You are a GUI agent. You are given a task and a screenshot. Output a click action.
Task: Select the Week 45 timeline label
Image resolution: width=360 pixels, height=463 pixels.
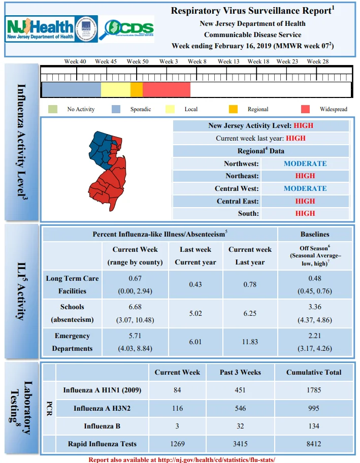[x=106, y=61]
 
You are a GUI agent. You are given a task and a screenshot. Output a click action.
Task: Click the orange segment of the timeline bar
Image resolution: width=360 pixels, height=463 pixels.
[x=137, y=89]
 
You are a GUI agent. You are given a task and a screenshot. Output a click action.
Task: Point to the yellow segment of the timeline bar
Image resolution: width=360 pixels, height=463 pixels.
[x=116, y=89]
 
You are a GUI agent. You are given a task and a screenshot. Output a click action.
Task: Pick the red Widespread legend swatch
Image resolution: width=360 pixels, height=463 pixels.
[x=305, y=109]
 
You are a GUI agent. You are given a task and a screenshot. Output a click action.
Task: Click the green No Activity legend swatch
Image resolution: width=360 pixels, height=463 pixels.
[x=53, y=109]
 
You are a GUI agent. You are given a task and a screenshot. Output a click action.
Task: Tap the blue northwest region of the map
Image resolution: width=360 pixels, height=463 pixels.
[x=101, y=149]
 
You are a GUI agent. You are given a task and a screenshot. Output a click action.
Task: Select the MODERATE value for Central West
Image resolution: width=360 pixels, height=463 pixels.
[x=305, y=188]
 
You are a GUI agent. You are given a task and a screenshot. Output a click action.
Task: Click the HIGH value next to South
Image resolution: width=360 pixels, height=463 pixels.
[x=305, y=213]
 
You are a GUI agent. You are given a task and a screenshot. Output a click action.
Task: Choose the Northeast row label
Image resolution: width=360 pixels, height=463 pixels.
[x=242, y=176]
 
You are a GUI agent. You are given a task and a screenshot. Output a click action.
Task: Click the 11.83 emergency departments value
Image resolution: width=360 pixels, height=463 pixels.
[x=250, y=342]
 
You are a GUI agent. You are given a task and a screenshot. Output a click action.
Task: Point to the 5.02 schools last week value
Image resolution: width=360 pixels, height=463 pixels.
[x=195, y=313]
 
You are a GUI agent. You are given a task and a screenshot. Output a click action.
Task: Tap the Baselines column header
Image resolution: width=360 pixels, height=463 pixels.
[x=315, y=234]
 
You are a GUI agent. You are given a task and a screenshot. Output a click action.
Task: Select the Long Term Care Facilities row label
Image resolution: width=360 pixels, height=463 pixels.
[x=72, y=285]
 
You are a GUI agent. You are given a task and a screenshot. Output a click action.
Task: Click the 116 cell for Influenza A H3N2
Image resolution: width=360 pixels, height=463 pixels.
[x=177, y=408]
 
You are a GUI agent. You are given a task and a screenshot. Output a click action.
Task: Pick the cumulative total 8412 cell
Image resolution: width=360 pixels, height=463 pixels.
[x=314, y=444]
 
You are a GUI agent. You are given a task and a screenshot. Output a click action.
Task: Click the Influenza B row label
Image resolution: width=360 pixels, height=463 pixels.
[x=102, y=426]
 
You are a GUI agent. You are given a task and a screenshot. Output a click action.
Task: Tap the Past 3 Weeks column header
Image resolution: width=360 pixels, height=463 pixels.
[x=240, y=372]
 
